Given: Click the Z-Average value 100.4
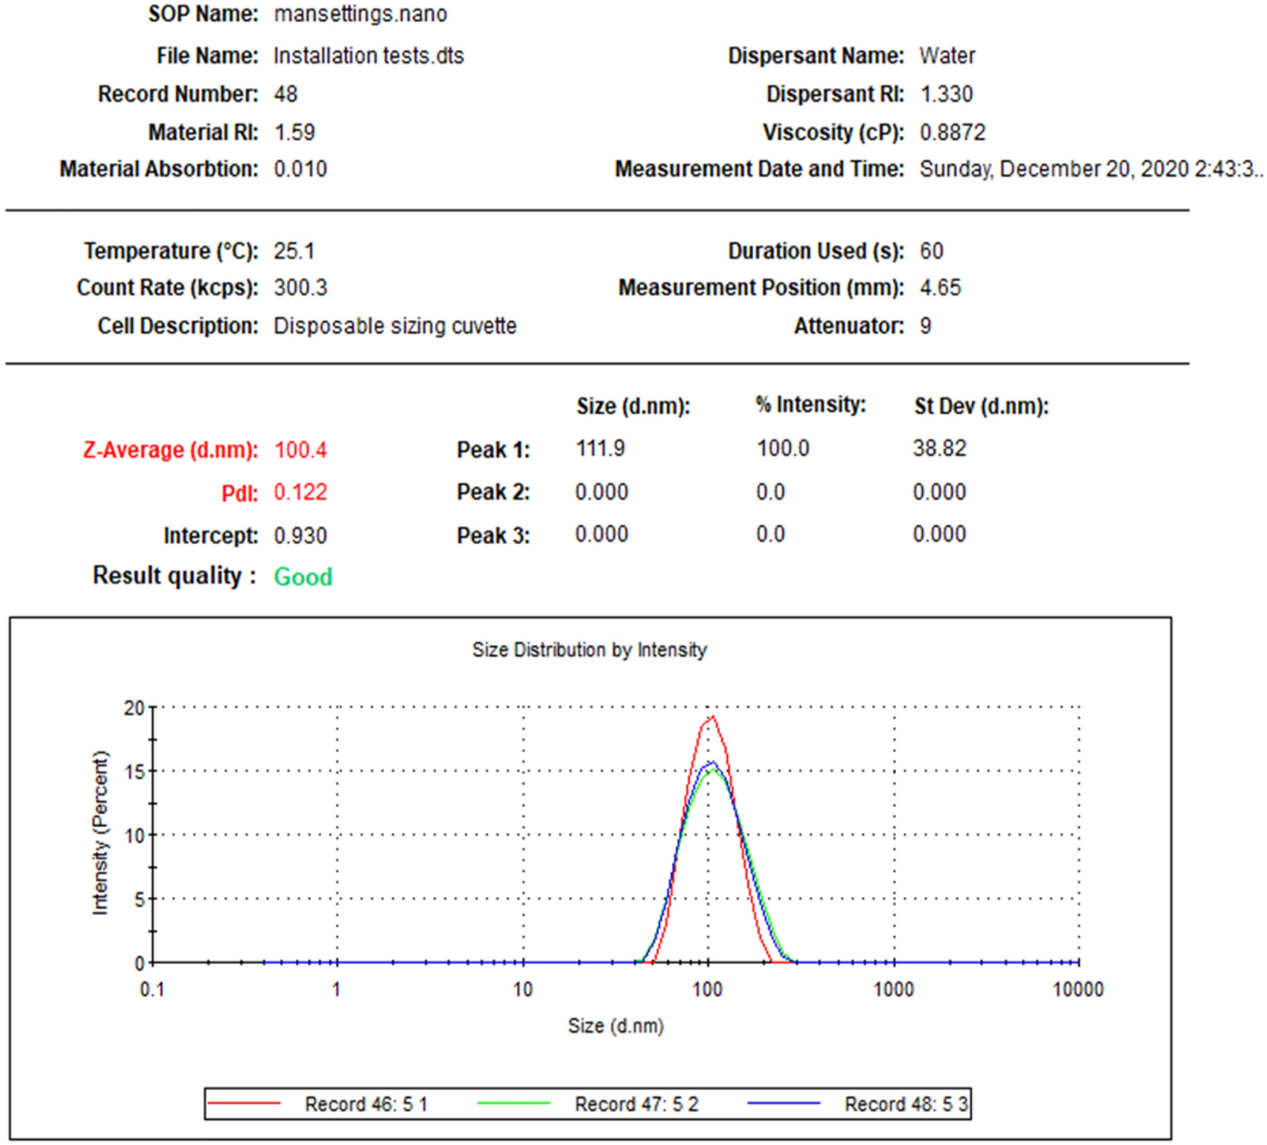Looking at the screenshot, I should [x=300, y=450].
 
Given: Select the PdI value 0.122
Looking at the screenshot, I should [x=300, y=492].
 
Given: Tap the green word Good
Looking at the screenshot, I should [x=303, y=577].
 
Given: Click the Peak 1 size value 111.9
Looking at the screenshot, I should [x=600, y=449].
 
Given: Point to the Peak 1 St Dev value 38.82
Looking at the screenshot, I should [x=939, y=449].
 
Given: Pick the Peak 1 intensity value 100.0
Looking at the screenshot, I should [x=783, y=449].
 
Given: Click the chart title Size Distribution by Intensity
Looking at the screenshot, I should [x=589, y=650].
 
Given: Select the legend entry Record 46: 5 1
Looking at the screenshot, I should [x=366, y=1104].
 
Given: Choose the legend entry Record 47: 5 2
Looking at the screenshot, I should [x=636, y=1104].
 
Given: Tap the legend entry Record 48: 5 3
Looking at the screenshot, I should [x=906, y=1104].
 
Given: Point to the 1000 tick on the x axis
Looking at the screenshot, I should [x=893, y=990].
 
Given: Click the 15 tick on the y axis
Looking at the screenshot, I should [x=134, y=772].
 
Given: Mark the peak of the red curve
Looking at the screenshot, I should [x=713, y=717].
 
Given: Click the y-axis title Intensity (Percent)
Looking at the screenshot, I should [x=101, y=832].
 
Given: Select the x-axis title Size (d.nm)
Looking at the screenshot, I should [x=615, y=1026].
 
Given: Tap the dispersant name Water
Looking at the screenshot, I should [x=948, y=56].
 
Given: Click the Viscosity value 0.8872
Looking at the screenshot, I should [x=953, y=133].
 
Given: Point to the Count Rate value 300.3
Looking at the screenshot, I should [x=300, y=288].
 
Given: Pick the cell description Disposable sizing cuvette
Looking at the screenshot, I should [x=395, y=326].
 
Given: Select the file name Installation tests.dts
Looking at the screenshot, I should [x=369, y=56].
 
